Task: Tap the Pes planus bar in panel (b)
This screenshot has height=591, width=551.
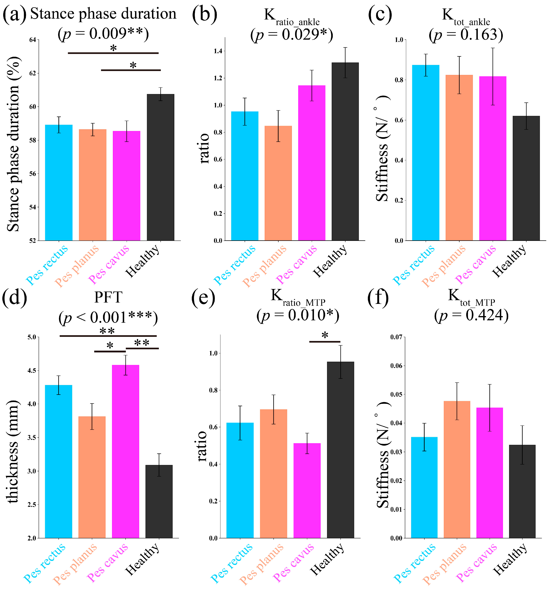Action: pyautogui.click(x=278, y=183)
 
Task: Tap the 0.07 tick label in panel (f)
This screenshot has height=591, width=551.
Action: pyautogui.click(x=396, y=337)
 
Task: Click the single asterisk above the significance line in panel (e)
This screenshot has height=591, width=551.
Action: pyautogui.click(x=325, y=335)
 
